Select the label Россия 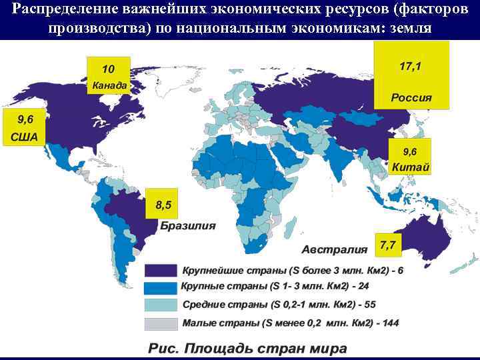[x=411, y=97]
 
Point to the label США [x=23, y=139]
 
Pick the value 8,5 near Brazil [x=163, y=205]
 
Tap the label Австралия [x=335, y=250]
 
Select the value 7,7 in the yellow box [x=387, y=245]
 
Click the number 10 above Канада [x=108, y=69]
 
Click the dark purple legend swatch [x=161, y=271]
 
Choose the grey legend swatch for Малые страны [x=161, y=323]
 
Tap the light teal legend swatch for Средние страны [x=161, y=305]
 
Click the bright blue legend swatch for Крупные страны [x=161, y=288]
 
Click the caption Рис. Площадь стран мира [x=247, y=348]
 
